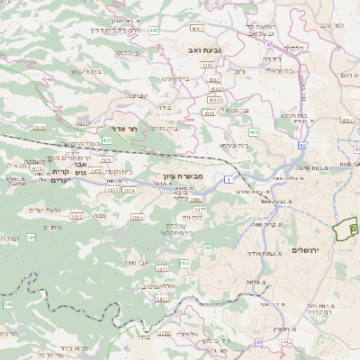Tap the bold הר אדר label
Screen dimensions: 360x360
[123, 129]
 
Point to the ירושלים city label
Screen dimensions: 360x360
[307, 248]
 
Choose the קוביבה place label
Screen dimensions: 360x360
[136, 95]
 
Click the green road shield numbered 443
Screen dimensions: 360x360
[154, 30]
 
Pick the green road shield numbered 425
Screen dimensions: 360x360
[107, 140]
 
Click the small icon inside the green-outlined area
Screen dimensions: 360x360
[343, 232]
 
